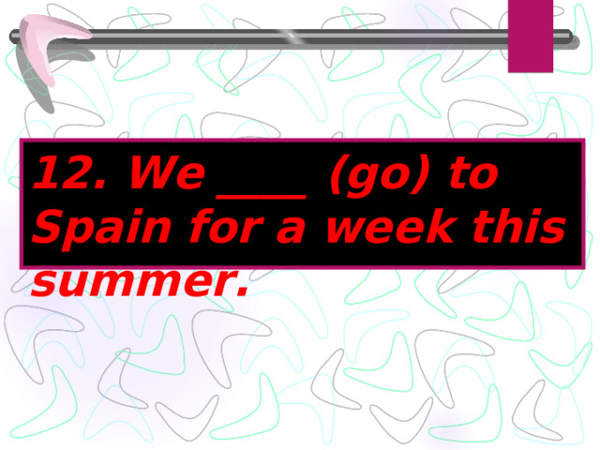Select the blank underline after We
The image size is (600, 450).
pyautogui.click(x=262, y=193)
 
